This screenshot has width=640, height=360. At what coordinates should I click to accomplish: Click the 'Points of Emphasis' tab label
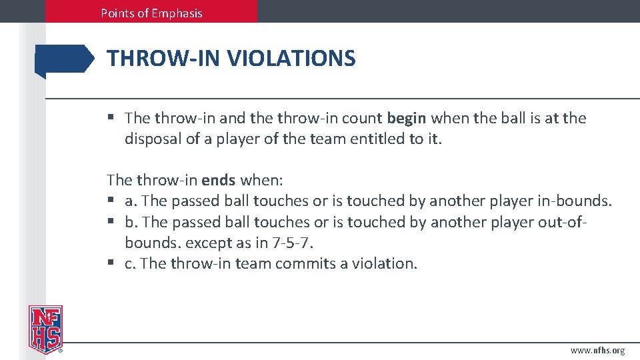[151, 13]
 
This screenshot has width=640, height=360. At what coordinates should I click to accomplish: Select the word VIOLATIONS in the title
[291, 59]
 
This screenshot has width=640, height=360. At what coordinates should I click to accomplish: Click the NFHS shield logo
[45, 329]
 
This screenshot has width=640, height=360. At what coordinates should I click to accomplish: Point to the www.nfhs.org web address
[597, 350]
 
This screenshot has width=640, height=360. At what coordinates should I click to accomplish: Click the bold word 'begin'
[407, 118]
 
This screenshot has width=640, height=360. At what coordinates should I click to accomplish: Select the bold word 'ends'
[219, 180]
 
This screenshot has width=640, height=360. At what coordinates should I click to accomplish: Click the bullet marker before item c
[111, 263]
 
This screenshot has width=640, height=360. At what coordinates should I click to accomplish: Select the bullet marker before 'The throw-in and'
[111, 118]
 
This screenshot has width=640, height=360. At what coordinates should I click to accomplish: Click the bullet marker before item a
[111, 201]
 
